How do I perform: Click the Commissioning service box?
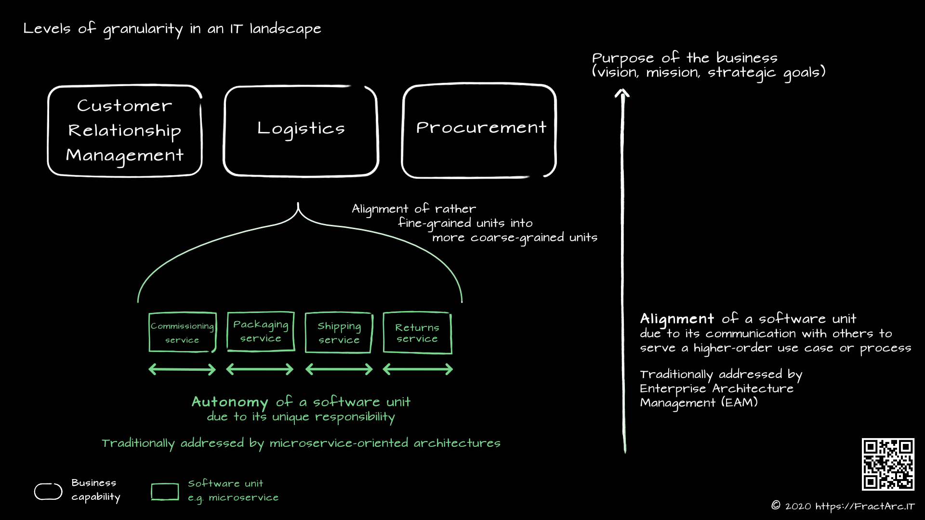182,332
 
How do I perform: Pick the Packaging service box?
261,331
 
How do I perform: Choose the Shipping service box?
339,333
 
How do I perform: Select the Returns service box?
417,333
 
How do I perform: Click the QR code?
888,464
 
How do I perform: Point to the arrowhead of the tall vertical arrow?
622,92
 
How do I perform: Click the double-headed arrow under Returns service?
418,369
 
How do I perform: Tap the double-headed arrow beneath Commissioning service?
182,369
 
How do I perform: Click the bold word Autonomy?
230,402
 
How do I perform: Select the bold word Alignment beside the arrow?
676,319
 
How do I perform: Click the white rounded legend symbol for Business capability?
48,491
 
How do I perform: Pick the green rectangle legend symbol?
165,492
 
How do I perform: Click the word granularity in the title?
143,29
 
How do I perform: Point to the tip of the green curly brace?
298,204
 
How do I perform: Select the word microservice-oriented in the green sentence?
338,443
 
